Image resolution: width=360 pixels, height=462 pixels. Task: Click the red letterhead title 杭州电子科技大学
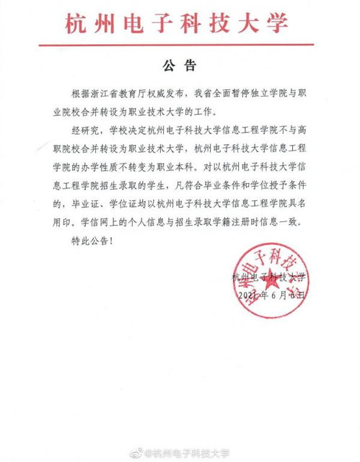180,24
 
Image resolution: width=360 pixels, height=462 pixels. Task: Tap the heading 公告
180,66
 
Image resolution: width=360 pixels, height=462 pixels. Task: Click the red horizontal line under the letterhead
180,45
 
